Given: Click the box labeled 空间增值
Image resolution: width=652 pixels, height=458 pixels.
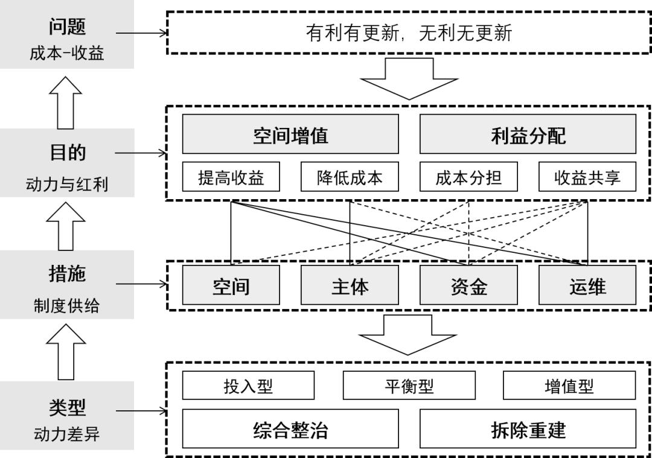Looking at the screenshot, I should (x=290, y=135).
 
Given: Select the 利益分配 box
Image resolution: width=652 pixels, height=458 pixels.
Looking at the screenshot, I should (x=528, y=135).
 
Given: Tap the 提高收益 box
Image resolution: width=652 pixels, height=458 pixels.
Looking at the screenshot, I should (x=231, y=177).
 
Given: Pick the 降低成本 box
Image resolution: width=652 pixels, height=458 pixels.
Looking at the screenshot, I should (x=350, y=177).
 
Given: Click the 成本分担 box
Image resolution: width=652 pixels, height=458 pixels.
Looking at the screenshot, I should (x=468, y=177).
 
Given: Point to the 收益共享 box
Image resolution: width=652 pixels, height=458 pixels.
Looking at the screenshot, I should (x=587, y=177).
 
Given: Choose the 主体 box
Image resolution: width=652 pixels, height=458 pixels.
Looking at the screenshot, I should (x=350, y=285).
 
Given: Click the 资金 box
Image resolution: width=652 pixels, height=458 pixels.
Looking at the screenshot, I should (x=468, y=285).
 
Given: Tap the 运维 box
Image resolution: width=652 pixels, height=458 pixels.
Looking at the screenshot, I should (x=587, y=285).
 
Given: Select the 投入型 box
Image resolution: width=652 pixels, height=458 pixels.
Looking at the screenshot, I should (x=248, y=386).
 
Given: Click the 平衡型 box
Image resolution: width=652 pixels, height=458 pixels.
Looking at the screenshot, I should (x=409, y=386).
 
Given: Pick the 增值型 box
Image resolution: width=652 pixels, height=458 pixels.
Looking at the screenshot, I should (x=569, y=386).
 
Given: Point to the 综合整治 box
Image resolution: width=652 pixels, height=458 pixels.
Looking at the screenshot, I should (x=290, y=430).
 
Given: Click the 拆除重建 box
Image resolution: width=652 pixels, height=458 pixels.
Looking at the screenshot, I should (x=528, y=430).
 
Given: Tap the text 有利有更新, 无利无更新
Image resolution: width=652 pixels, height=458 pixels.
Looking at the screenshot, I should (x=409, y=33).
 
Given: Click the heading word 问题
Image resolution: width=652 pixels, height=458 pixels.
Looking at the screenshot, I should (x=67, y=26).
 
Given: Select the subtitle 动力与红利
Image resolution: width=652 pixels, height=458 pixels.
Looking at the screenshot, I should (x=67, y=184).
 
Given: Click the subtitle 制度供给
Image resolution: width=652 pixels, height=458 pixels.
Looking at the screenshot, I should (x=67, y=306).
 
